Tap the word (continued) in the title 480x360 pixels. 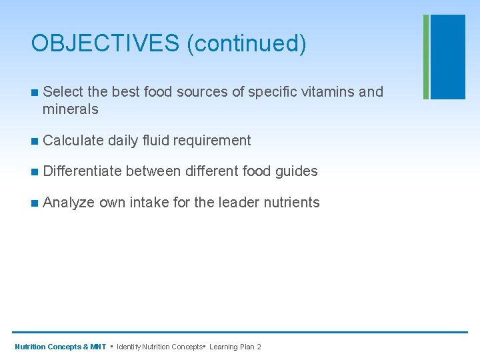tap(247, 43)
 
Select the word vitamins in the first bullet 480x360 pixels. tap(328, 91)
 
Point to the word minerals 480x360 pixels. tap(70, 109)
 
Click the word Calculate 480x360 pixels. tap(73, 140)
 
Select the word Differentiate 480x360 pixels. tap(82, 171)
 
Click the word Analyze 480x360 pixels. tap(69, 203)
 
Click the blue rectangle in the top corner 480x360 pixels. tap(448, 57)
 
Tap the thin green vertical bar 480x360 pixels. tap(426, 57)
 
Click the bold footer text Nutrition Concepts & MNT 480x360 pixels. tap(60, 347)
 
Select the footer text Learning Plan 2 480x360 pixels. tap(235, 347)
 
